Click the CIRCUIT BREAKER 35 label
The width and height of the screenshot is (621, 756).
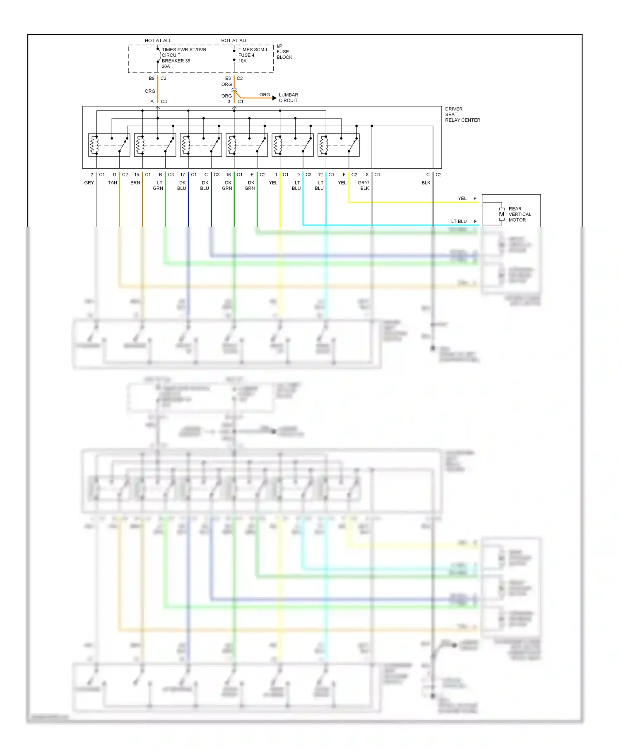click(176, 58)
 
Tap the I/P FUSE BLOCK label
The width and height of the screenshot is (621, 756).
click(284, 52)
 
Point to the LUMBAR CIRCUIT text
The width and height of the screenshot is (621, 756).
click(288, 98)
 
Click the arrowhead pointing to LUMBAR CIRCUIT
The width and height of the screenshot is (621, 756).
click(274, 98)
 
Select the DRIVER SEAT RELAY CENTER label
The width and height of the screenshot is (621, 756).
click(462, 115)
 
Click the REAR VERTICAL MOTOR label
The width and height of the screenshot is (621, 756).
click(520, 214)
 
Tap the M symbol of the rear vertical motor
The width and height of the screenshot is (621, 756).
click(501, 214)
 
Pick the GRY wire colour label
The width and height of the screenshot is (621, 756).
click(89, 183)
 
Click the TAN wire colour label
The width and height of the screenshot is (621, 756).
click(113, 183)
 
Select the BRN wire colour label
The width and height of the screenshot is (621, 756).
click(135, 183)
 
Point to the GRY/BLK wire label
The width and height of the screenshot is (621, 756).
click(363, 185)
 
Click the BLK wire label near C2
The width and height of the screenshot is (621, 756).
click(426, 183)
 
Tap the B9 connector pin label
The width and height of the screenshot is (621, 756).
click(152, 78)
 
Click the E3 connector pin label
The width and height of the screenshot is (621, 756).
click(228, 78)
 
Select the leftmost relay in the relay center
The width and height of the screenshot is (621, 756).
click(109, 145)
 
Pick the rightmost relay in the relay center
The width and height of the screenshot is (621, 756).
click(338, 145)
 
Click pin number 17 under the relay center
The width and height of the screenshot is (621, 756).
click(183, 175)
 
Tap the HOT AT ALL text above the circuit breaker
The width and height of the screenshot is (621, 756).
click(158, 41)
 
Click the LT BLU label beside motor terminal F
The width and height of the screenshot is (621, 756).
click(459, 221)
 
